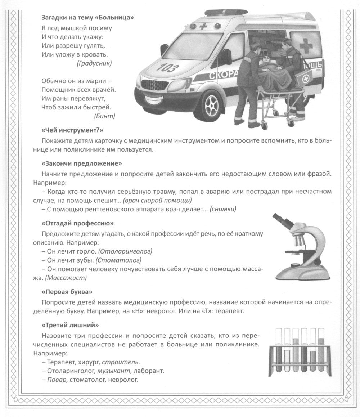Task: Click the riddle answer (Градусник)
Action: tap(94, 63)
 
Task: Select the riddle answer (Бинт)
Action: tap(104, 116)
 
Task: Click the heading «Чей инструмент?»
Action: tap(72, 130)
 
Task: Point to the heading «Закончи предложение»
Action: tap(82, 163)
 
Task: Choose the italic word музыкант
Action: tap(112, 371)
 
